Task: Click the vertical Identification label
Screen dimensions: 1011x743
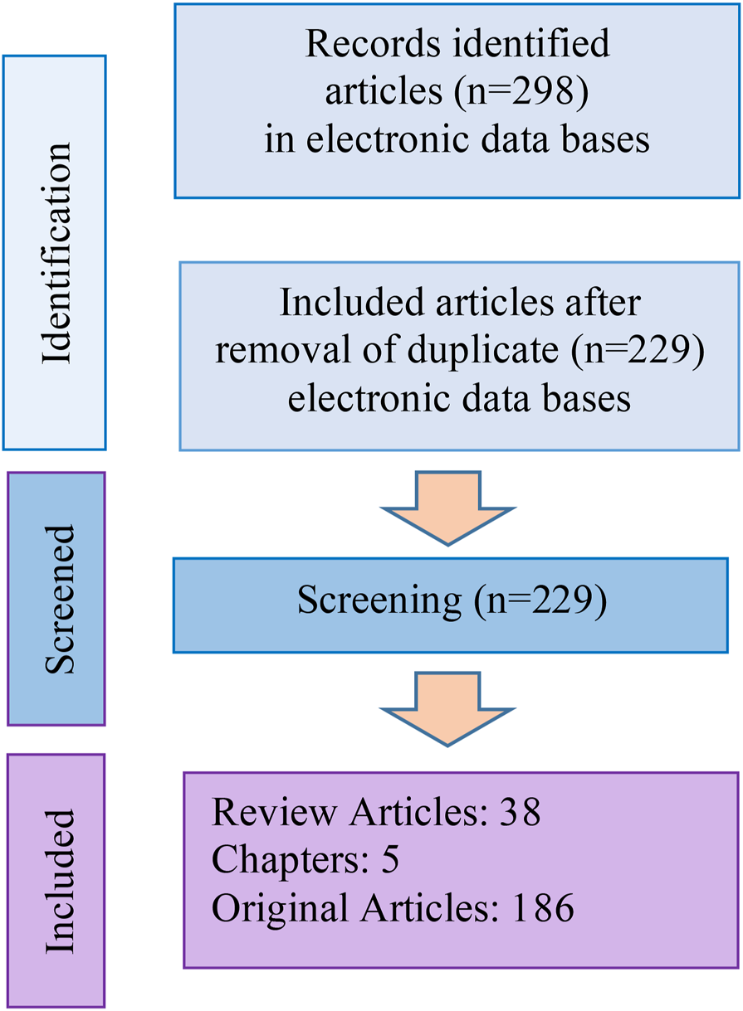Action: coord(56,253)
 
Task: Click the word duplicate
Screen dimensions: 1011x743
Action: coord(486,352)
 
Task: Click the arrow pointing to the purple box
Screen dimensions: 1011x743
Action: coord(447,707)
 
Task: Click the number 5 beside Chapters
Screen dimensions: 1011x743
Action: coord(390,861)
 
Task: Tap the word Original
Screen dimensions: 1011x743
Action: coord(276,908)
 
